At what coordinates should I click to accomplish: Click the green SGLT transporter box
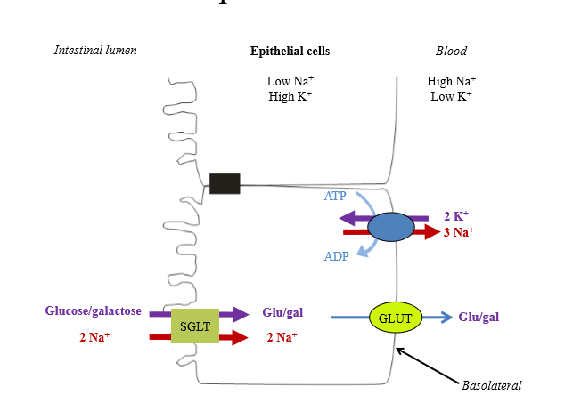pyautogui.click(x=194, y=326)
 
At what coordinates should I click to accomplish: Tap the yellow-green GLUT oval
pyautogui.click(x=394, y=317)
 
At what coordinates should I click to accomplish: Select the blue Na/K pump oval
pyautogui.click(x=390, y=225)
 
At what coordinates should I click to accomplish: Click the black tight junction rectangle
pyautogui.click(x=225, y=183)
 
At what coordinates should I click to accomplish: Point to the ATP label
pyautogui.click(x=335, y=196)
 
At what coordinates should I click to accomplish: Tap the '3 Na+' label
pyautogui.click(x=459, y=232)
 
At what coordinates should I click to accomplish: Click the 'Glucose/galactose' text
pyautogui.click(x=94, y=311)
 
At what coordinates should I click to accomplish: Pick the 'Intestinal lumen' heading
pyautogui.click(x=95, y=51)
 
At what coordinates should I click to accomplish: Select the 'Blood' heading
pyautogui.click(x=451, y=51)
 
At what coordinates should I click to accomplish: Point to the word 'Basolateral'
pyautogui.click(x=491, y=385)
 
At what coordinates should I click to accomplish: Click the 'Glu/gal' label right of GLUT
pyautogui.click(x=479, y=317)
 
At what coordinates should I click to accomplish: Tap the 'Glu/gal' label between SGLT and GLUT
pyautogui.click(x=282, y=312)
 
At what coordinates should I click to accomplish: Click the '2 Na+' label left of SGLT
pyautogui.click(x=95, y=337)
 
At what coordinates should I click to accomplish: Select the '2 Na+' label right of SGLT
pyautogui.click(x=282, y=337)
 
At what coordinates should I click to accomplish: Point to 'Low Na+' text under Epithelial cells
pyautogui.click(x=290, y=81)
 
